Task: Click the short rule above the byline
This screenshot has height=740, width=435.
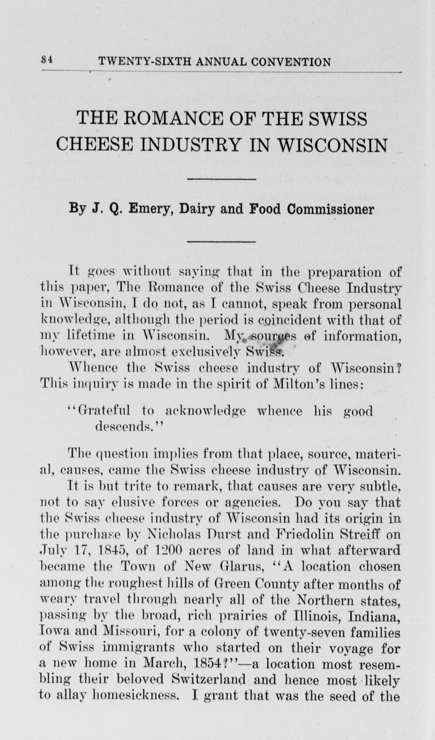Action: (229, 179)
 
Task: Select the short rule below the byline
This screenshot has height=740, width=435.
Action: (229, 240)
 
